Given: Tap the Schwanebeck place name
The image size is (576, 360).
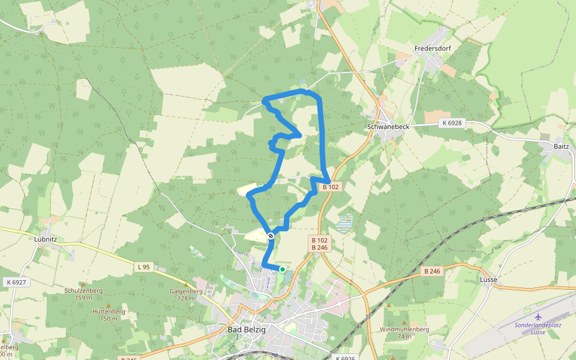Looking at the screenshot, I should click(x=388, y=127).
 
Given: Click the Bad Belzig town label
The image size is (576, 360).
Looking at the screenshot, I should click(x=247, y=329).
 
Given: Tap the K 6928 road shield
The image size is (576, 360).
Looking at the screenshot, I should click(x=452, y=123).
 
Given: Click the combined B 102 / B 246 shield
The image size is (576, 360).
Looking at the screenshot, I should click(x=319, y=243).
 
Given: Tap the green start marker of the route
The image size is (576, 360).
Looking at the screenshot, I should click(x=282, y=269).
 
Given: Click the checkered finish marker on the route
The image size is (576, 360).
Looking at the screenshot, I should click(x=271, y=236).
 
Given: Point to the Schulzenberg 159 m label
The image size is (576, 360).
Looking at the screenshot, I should click(x=83, y=293).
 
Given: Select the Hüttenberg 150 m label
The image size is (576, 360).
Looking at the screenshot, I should click(x=109, y=315).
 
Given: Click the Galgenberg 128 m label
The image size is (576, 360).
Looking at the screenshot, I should click(x=187, y=295).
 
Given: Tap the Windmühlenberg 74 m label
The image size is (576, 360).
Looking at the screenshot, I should click(x=404, y=332).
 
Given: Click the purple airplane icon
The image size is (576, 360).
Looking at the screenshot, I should click(x=538, y=316).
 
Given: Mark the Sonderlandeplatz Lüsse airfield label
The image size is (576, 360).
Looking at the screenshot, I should click(x=538, y=328).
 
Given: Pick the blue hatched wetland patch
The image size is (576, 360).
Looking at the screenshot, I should click(x=344, y=223).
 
